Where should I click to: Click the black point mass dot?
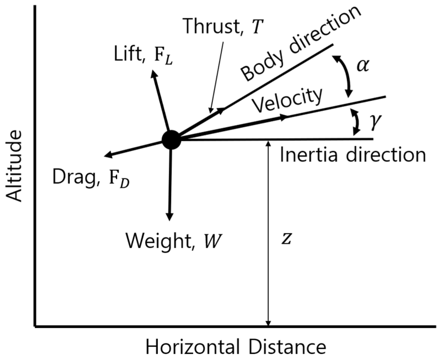pyautogui.click(x=171, y=140)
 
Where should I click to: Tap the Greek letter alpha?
pyautogui.click(x=362, y=66)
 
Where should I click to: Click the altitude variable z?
pyautogui.click(x=286, y=239)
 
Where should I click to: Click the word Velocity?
pyautogui.click(x=287, y=100)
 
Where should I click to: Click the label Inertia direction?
pyautogui.click(x=353, y=155)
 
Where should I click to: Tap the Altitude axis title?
pyautogui.click(x=14, y=166)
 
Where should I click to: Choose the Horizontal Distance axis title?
pyautogui.click(x=236, y=347)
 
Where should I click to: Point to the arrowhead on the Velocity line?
pyautogui.click(x=284, y=118)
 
